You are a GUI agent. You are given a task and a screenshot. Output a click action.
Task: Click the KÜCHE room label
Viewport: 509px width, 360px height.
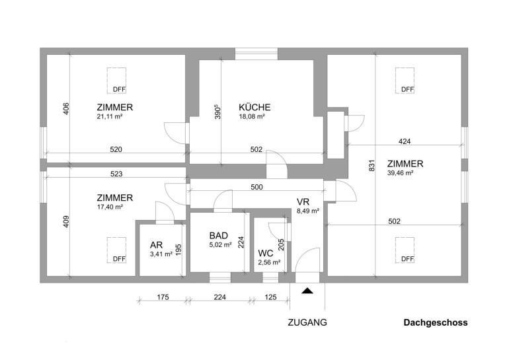(255, 107)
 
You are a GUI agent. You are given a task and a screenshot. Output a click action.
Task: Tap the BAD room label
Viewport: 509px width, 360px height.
(219, 236)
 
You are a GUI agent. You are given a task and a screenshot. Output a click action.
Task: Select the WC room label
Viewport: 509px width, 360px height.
(266, 252)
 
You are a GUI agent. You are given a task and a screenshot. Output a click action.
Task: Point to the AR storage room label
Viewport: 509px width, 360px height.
(156, 245)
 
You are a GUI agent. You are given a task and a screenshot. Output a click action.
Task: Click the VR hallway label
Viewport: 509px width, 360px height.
(303, 201)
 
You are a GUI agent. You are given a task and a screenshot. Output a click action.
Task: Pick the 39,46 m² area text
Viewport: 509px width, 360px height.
(401, 173)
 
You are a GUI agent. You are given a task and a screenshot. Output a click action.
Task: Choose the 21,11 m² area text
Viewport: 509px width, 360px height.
(110, 116)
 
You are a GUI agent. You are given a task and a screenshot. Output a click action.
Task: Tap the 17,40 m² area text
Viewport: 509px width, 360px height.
(110, 207)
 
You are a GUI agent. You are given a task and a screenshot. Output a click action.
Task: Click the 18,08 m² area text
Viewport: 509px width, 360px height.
(252, 116)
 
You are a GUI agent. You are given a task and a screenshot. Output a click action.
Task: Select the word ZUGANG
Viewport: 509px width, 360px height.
(307, 323)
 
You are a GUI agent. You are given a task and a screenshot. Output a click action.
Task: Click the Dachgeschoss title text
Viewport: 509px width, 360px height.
(436, 323)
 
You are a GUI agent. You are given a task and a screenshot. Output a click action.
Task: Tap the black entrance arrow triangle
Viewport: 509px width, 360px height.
(307, 289)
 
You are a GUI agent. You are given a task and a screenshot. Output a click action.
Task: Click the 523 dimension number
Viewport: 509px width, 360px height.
(116, 174)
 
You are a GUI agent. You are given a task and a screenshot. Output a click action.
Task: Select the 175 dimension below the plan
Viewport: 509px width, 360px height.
(161, 298)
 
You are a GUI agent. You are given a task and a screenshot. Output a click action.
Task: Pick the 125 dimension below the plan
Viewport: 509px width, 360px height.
(270, 298)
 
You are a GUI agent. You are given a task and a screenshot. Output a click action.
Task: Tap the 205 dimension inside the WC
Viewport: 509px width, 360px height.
(282, 244)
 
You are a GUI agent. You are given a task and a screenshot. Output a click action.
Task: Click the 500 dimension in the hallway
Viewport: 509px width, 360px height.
(257, 188)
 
